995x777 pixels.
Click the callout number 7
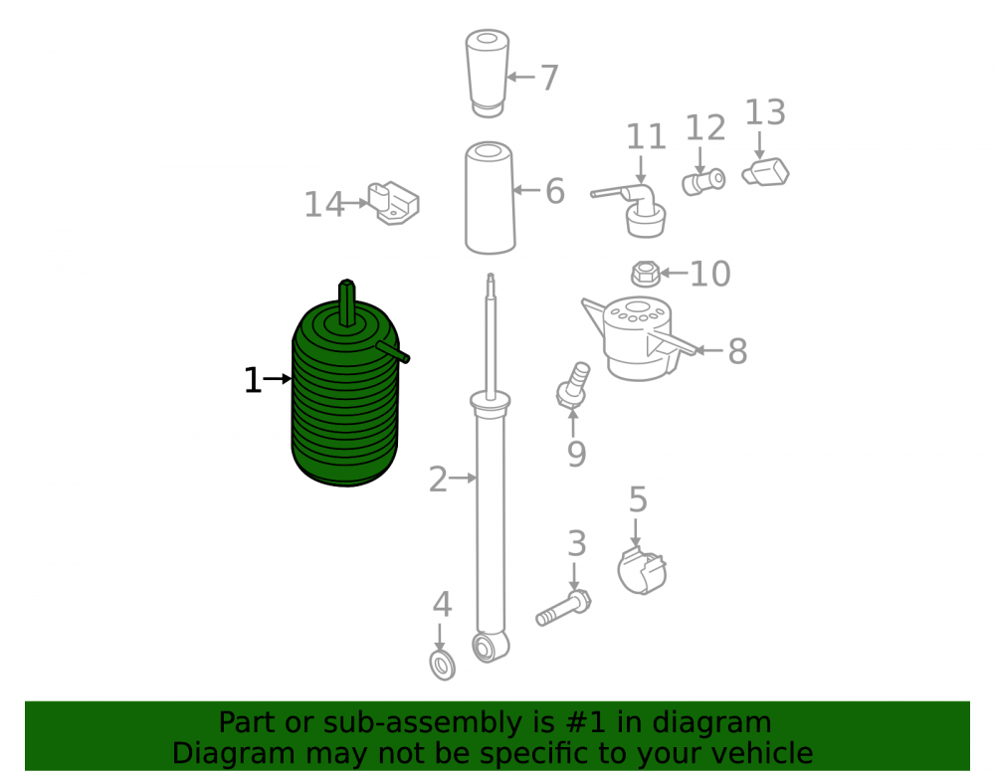pos(549,78)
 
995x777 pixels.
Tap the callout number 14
pos(323,205)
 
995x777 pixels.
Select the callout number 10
pos(710,274)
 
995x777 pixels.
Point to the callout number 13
pos(764,112)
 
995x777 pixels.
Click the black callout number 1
pos(253,381)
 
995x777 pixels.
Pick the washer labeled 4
pos(443,666)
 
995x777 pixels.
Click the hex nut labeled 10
pos(646,274)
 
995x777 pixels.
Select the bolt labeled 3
pos(564,608)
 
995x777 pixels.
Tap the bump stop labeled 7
pos(488,73)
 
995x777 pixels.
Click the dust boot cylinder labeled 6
pos(490,198)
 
